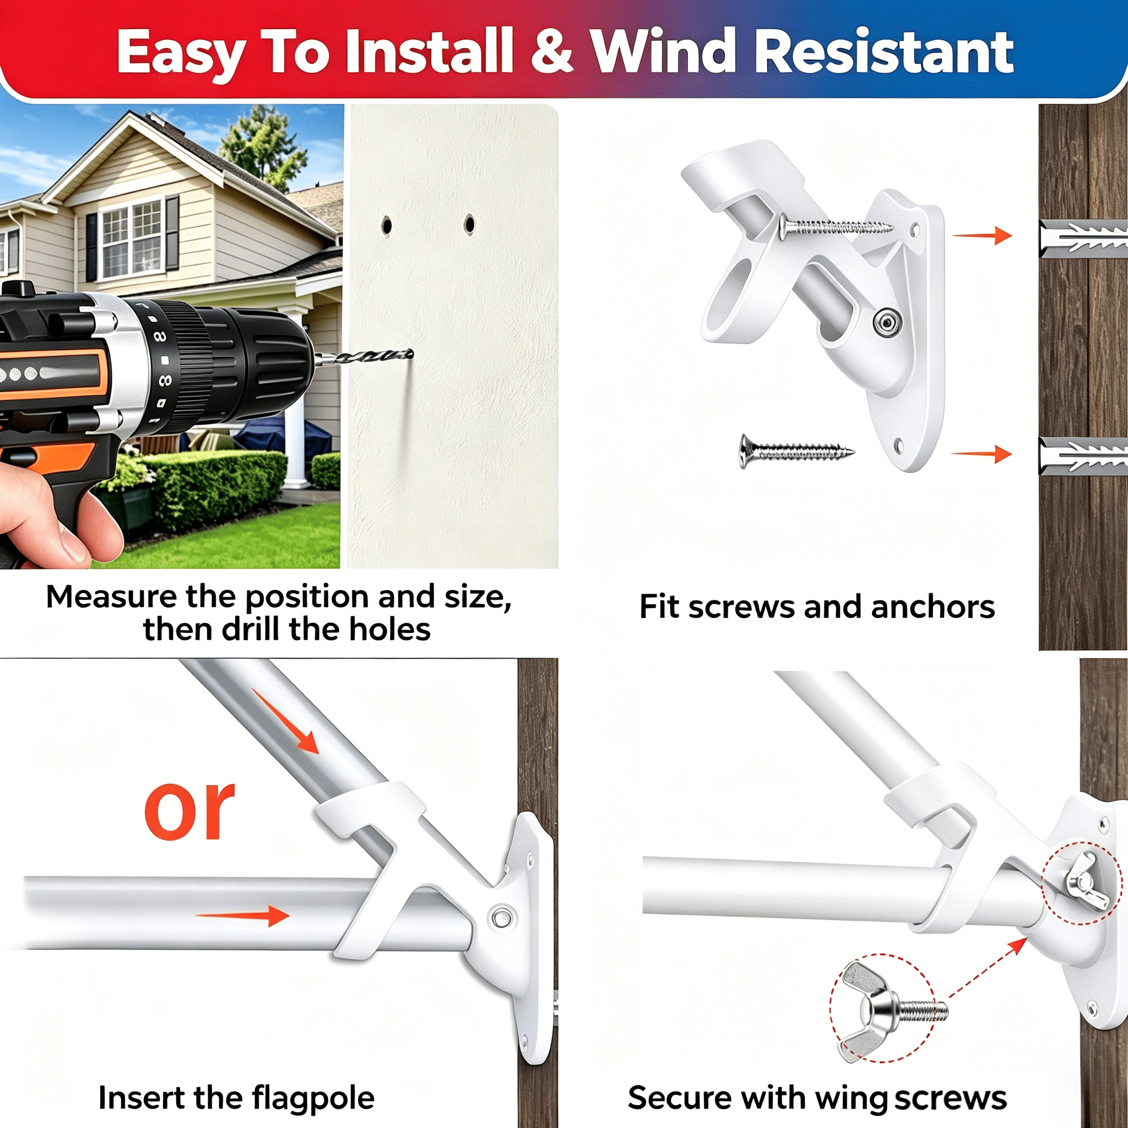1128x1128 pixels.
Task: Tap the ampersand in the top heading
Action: point(551,51)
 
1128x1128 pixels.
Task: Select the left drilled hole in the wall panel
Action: point(386,225)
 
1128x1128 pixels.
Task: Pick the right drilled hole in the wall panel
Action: point(469,224)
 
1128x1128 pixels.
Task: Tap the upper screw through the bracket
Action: point(835,226)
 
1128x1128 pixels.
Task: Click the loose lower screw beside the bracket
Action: point(797,451)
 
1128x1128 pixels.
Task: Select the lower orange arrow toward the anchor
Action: point(982,454)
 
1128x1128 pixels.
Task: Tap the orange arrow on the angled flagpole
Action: point(285,721)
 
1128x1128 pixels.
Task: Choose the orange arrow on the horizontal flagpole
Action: point(242,915)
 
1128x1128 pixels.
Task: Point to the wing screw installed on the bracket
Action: point(1083,881)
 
